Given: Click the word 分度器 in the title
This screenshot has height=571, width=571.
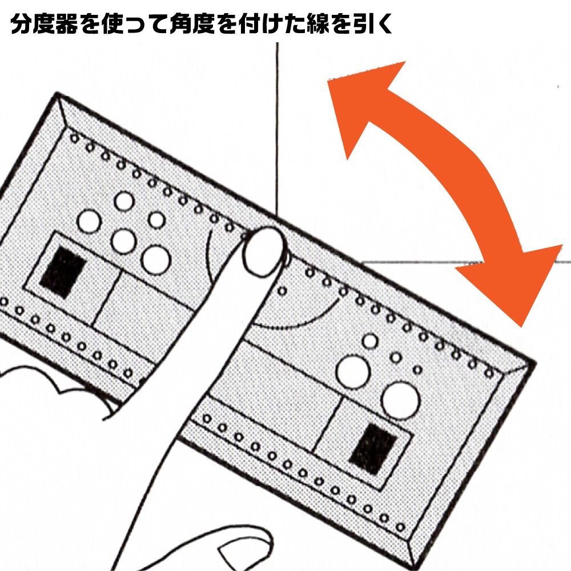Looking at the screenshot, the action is tap(45, 24).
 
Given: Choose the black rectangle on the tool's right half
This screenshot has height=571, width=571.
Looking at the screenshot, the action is tap(373, 449).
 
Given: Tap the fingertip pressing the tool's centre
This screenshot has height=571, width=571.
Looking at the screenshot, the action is tap(263, 251).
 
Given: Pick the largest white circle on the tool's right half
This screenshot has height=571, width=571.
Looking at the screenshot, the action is tap(401, 401).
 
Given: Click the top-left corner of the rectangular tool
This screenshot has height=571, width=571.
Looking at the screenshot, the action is tap(57, 94).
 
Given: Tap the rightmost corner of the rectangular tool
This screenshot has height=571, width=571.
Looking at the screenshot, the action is tap(536, 363).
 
